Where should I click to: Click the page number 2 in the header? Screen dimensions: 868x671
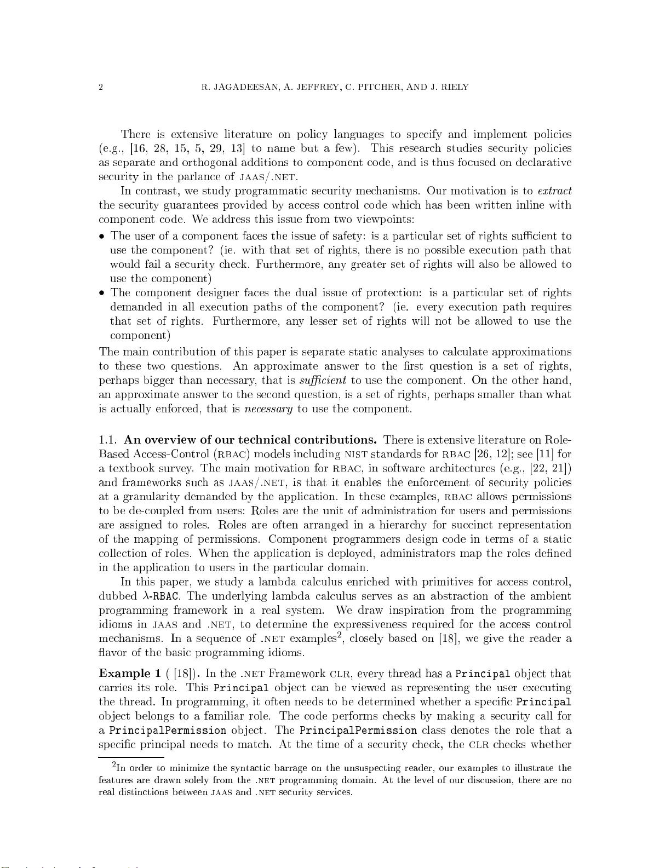coord(101,87)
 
